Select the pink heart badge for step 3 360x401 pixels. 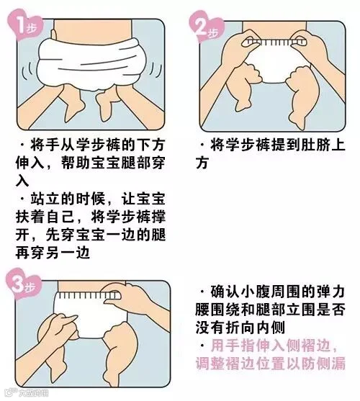24,284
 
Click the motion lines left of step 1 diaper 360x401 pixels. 27,71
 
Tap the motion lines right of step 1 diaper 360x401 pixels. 156,71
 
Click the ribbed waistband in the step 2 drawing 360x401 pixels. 275,42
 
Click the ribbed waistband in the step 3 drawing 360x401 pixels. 89,296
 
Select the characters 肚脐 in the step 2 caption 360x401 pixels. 315,145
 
